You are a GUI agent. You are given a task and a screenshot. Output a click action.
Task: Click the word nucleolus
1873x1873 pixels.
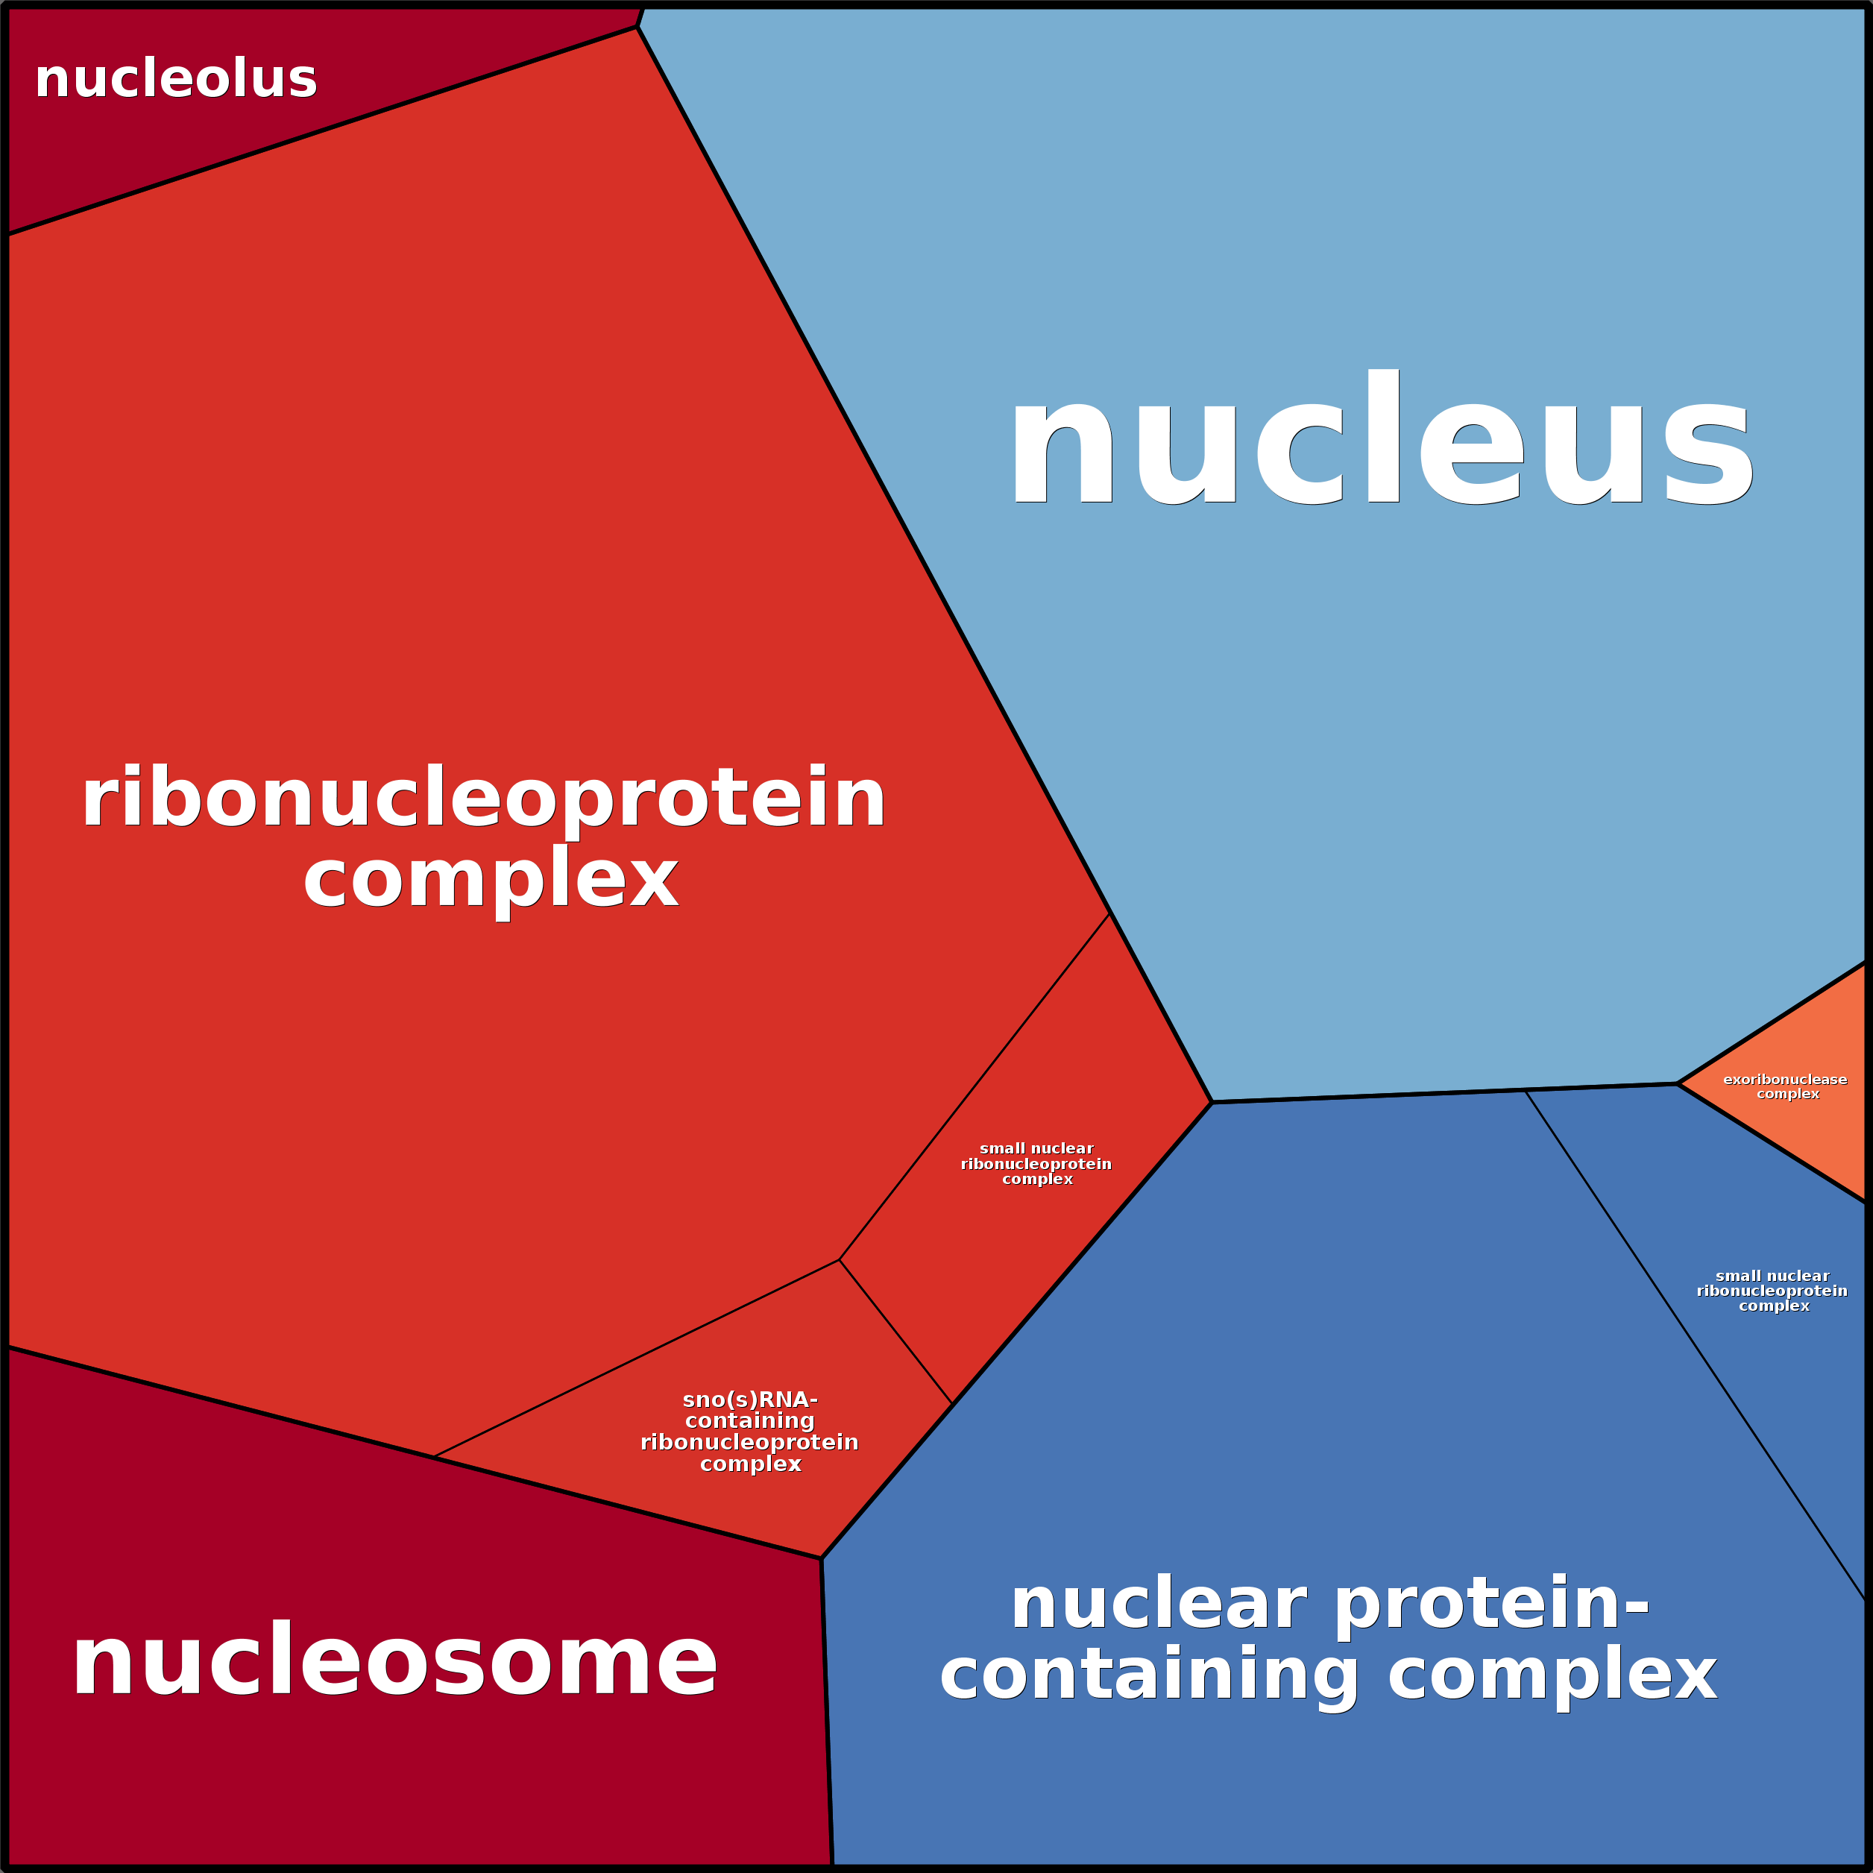[x=175, y=80]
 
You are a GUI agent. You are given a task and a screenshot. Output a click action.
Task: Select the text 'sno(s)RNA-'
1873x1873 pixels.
[x=749, y=1400]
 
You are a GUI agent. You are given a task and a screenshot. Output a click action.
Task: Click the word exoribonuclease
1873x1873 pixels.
[x=1785, y=1079]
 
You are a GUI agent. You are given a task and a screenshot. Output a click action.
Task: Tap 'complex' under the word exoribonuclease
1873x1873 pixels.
[x=1788, y=1094]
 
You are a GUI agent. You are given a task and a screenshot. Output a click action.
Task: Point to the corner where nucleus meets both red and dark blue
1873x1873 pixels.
[x=1212, y=1102]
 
